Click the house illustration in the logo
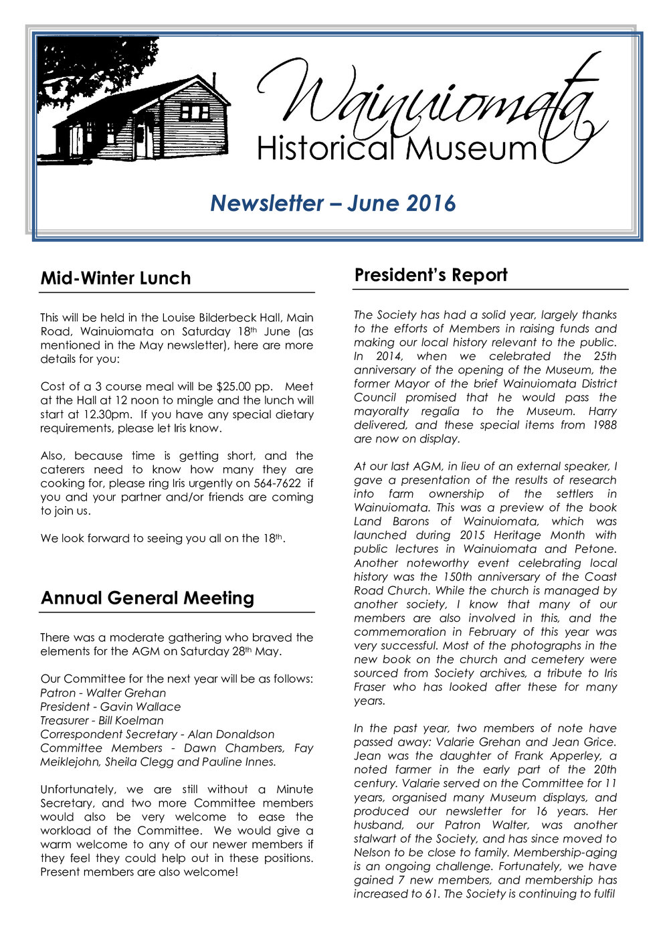144,117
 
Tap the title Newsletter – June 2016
332,203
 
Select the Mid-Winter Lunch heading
115,278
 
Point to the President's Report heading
431,275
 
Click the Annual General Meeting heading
147,598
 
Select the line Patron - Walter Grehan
103,693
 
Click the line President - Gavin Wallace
110,707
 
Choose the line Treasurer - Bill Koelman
102,721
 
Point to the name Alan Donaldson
231,734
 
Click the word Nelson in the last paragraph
372,853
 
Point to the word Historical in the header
327,148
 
